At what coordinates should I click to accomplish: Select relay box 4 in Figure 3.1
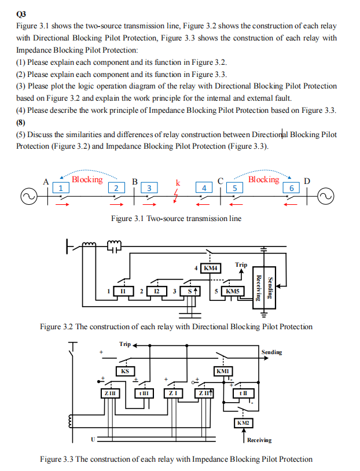203,188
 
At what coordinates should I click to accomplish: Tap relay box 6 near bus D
292,188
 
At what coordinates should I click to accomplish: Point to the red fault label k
178,183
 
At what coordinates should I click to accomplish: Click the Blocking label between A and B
87,179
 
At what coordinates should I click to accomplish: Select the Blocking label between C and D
263,179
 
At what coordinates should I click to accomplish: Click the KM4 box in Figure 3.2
211,268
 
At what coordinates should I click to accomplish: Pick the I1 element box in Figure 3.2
124,291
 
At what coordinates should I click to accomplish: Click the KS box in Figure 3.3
124,371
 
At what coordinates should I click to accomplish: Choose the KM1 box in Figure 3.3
223,371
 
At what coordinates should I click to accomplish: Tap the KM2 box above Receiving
243,423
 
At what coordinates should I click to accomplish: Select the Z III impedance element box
109,393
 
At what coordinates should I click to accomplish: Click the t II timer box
243,393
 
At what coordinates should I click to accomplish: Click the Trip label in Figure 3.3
125,344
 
